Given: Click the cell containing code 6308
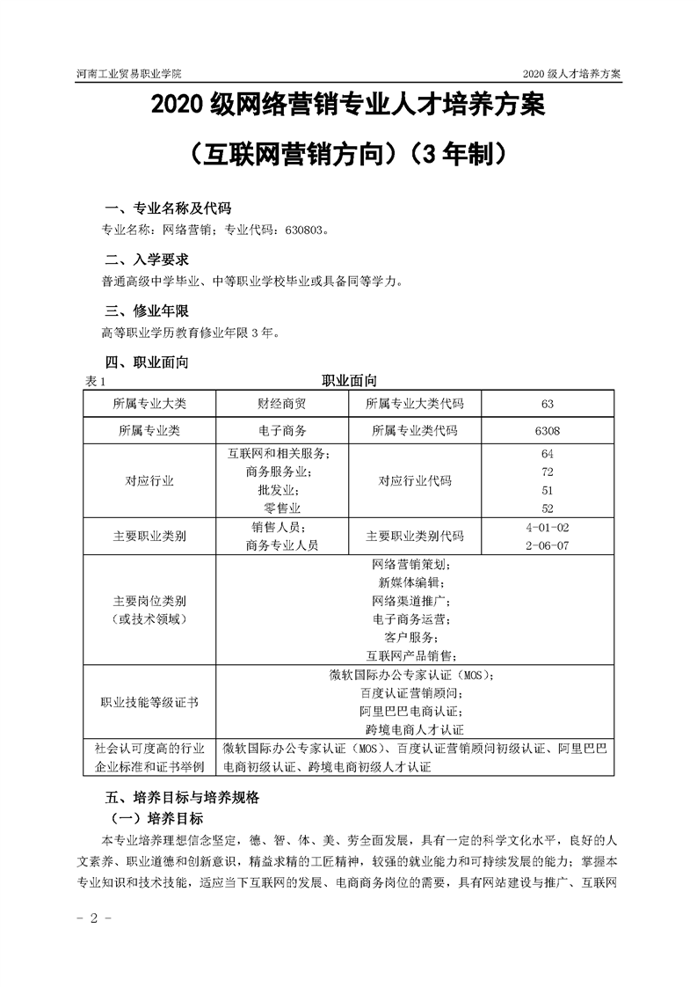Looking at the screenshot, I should click(547, 431).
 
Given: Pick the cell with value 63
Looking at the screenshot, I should click(547, 404).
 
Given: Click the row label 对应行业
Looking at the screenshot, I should click(149, 481).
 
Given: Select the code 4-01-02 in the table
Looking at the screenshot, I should click(547, 527).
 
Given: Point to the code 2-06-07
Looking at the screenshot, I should click(547, 545).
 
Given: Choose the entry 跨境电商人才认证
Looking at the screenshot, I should click(413, 729).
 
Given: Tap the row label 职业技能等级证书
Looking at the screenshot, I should click(149, 702).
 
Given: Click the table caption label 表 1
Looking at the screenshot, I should click(95, 381).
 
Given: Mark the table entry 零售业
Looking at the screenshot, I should click(282, 508).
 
